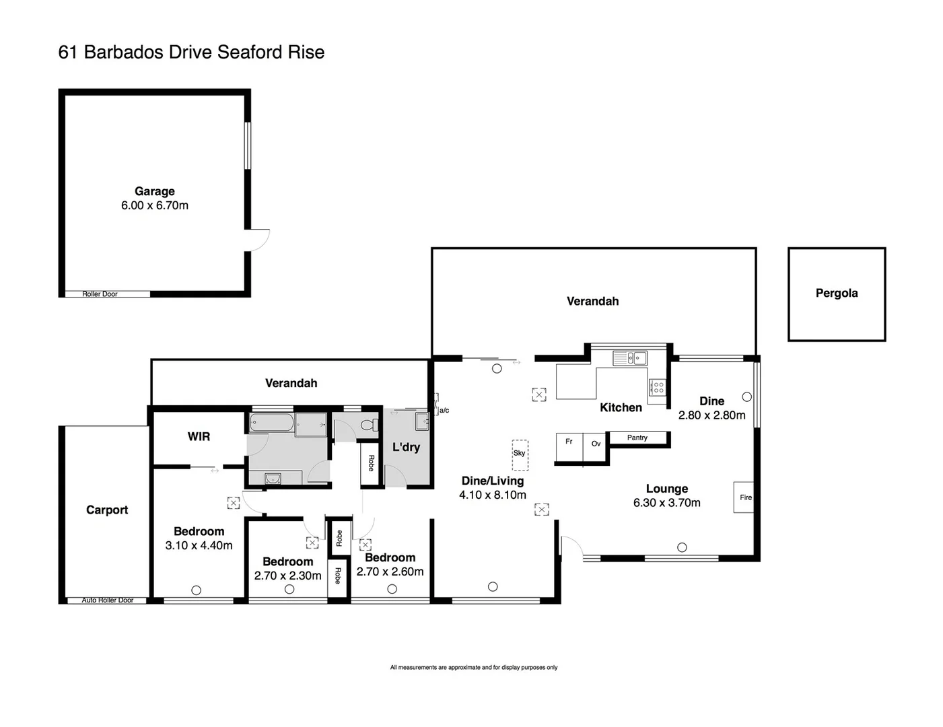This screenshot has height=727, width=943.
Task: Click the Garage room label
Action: (154, 192)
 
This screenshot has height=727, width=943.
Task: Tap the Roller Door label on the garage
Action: (100, 294)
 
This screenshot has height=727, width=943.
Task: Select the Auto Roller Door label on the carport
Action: (108, 600)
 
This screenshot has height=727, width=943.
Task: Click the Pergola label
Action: (837, 293)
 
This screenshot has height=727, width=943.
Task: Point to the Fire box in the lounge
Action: (744, 497)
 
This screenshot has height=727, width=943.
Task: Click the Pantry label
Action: (637, 438)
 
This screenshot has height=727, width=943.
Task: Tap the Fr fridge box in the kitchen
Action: (569, 442)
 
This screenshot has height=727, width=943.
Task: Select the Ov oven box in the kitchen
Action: (596, 444)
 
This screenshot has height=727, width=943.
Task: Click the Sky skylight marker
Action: (520, 454)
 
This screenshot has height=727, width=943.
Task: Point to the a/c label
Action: (444, 411)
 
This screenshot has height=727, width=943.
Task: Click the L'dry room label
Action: (406, 448)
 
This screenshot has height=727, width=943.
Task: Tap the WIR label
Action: (199, 437)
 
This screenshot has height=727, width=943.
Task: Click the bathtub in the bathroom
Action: (271, 424)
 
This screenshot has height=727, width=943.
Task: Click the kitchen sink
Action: (630, 358)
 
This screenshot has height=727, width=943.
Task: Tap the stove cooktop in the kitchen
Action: (657, 387)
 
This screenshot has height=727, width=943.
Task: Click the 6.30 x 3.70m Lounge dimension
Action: (666, 503)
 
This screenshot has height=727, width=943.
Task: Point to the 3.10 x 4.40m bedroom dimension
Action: (199, 546)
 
